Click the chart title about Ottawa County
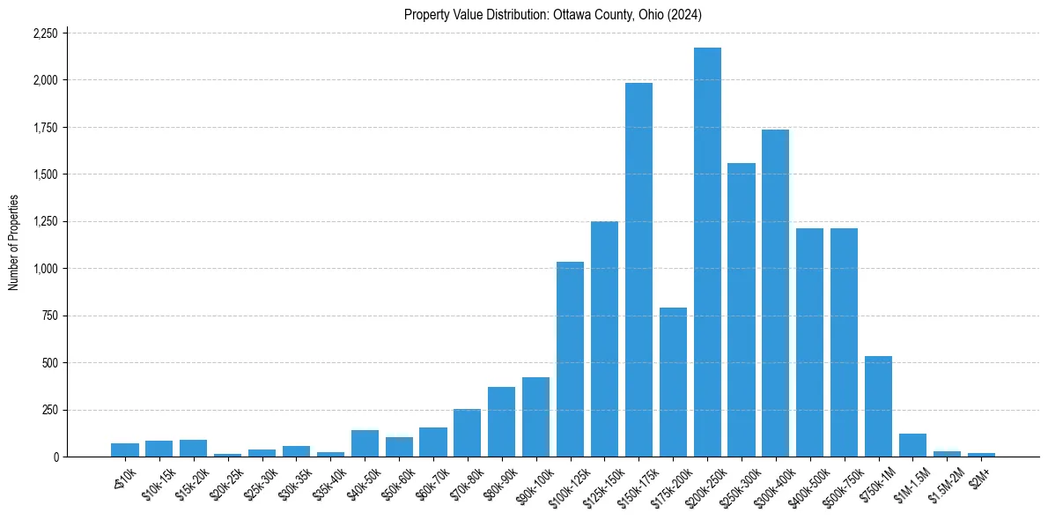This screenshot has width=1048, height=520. [x=553, y=14]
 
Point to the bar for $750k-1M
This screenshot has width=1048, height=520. [x=878, y=406]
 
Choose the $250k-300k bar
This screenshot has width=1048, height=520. [x=742, y=309]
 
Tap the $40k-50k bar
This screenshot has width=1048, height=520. [x=365, y=443]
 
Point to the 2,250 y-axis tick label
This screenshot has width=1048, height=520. [x=44, y=33]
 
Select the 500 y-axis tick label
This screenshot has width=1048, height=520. [x=49, y=363]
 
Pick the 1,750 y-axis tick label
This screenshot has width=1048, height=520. [x=44, y=128]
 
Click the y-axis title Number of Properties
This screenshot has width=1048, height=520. [x=13, y=242]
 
